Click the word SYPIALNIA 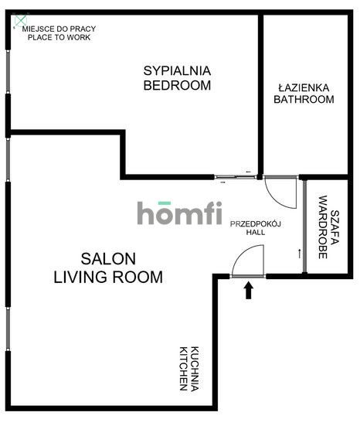(x=177, y=70)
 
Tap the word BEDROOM (x=177, y=85)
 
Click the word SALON (x=108, y=258)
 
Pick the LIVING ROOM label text (x=108, y=276)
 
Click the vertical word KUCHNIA (x=196, y=367)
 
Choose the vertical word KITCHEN (x=184, y=367)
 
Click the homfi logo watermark (x=180, y=213)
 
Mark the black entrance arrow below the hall (x=249, y=290)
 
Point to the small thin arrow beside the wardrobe (x=299, y=252)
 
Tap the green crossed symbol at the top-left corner (x=21, y=19)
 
